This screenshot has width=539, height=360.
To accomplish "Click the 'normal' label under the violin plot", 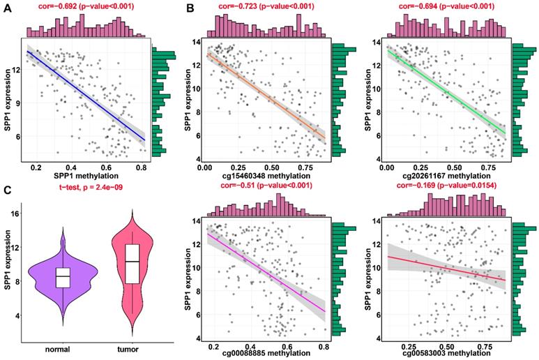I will (x=63, y=349).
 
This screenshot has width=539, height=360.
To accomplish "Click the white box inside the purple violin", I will (x=63, y=278).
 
